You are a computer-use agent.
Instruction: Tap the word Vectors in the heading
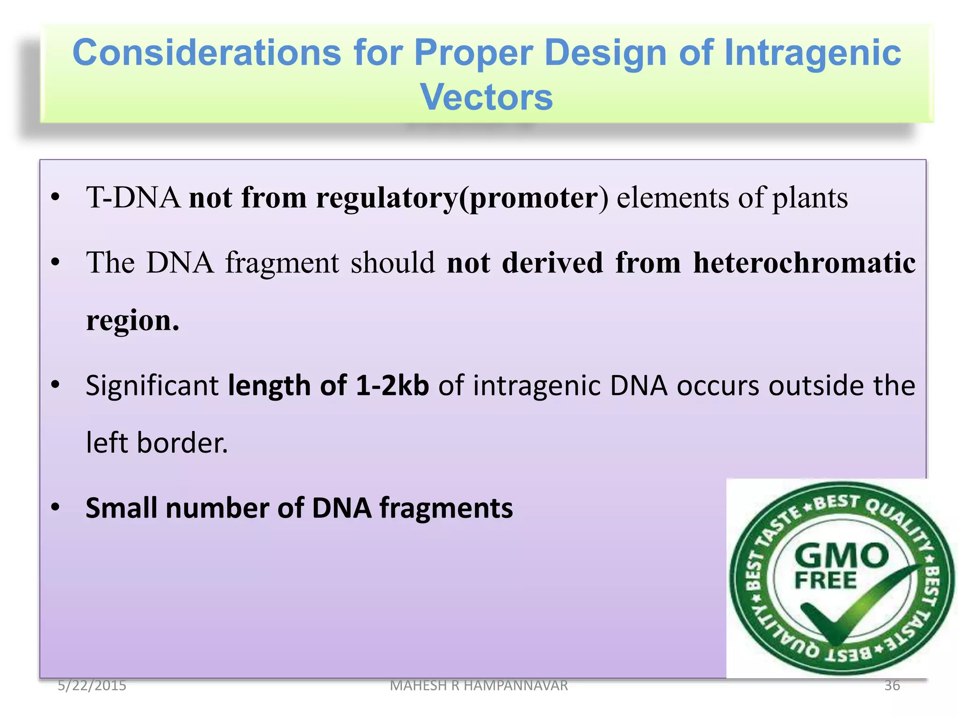486,97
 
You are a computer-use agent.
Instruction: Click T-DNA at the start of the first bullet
133,197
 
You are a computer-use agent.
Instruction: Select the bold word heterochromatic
804,263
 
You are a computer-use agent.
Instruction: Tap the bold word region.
132,322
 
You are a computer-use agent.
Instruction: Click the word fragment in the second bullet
283,263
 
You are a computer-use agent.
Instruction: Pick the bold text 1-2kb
392,386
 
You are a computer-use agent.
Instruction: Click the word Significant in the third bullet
152,386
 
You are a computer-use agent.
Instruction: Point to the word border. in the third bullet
182,443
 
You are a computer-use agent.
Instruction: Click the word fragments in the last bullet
446,508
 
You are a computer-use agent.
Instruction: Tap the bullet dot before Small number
56,507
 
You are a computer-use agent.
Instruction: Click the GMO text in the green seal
841,556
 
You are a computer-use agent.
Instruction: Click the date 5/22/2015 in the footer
92,685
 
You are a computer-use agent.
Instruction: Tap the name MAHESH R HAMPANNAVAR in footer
479,685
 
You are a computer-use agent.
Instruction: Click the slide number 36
892,685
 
